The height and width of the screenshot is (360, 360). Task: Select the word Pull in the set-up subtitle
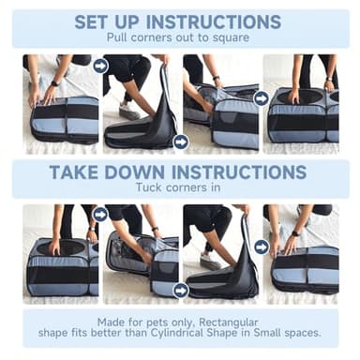pos(117,37)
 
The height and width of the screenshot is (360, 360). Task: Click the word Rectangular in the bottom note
pos(229,322)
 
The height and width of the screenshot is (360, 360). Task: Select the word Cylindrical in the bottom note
pos(176,333)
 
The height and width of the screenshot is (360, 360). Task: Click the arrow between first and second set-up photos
pos(101,66)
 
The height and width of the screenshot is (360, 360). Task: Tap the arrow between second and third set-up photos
pos(181,142)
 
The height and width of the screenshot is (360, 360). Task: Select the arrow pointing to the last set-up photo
pos(261,98)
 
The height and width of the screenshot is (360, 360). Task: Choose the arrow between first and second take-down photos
pos(100,215)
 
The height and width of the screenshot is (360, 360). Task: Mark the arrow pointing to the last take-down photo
pos(262,247)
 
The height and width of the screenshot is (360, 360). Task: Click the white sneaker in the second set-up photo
pos(128,112)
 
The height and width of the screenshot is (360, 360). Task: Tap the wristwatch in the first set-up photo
pos(54,83)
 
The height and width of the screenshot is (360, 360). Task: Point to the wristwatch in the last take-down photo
pos(294,233)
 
